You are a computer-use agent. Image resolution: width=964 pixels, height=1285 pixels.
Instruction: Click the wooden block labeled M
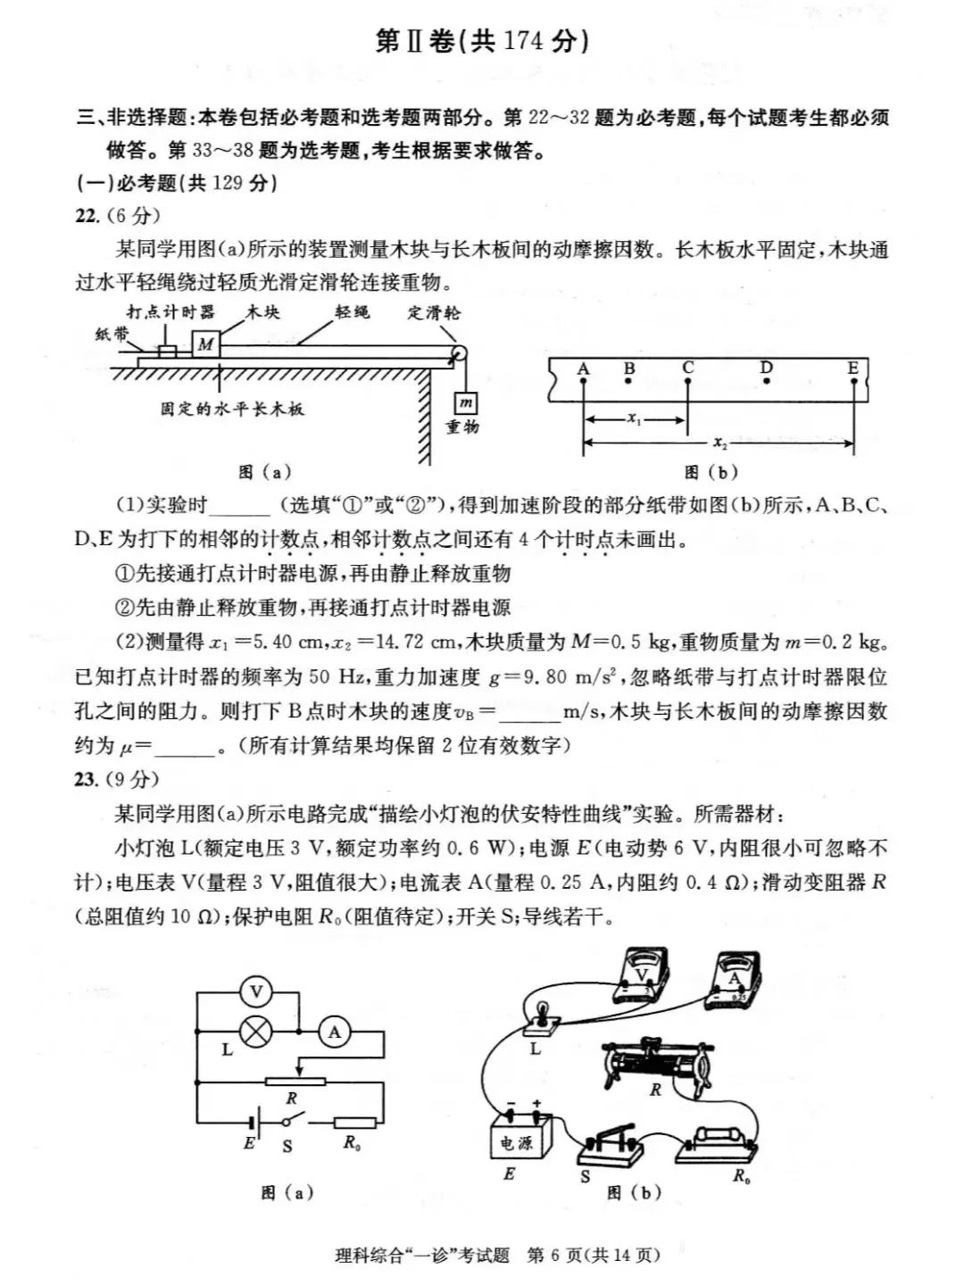tap(206, 344)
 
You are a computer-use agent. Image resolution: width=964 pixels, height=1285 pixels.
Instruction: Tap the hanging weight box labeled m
tap(466, 403)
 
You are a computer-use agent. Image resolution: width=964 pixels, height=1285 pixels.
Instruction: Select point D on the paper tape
tap(767, 381)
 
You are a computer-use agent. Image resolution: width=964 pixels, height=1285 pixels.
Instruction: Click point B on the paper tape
tap(629, 381)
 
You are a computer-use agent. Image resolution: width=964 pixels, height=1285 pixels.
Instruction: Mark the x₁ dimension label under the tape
tap(635, 418)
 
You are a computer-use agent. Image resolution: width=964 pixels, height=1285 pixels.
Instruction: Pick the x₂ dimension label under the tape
tap(719, 442)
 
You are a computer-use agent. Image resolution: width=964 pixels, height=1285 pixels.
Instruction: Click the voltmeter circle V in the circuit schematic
tap(257, 991)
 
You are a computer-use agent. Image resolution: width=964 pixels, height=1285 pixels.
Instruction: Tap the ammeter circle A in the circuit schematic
tap(335, 1032)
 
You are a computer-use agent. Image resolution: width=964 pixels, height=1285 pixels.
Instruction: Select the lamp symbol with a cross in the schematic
tap(257, 1032)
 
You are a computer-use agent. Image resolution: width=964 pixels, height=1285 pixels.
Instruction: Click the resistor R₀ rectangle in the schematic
tap(354, 1123)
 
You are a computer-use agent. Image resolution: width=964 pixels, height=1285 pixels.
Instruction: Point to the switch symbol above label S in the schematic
tap(287, 1121)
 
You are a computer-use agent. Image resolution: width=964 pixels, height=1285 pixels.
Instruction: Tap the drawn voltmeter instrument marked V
tap(642, 979)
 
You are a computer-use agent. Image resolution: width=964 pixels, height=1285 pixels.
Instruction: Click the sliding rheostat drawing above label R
tap(660, 1062)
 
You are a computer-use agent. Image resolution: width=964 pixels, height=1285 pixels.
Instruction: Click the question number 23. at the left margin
tap(87, 779)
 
